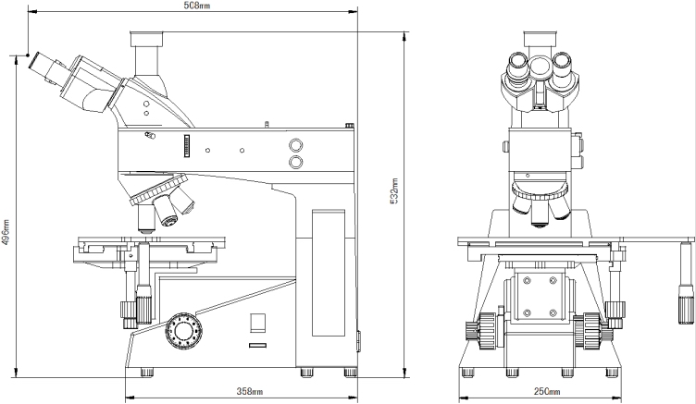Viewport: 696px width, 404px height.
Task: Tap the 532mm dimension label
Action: click(394, 190)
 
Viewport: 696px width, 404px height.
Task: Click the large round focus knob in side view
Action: click(181, 328)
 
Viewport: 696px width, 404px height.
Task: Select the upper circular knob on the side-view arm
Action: click(296, 146)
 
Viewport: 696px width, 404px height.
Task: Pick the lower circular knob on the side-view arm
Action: click(296, 163)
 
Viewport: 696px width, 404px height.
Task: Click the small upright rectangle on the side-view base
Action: click(259, 323)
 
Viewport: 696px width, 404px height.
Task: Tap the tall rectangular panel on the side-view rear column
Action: click(328, 272)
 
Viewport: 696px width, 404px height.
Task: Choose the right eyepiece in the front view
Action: click(563, 67)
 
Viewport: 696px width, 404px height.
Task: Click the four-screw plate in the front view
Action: click(538, 297)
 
